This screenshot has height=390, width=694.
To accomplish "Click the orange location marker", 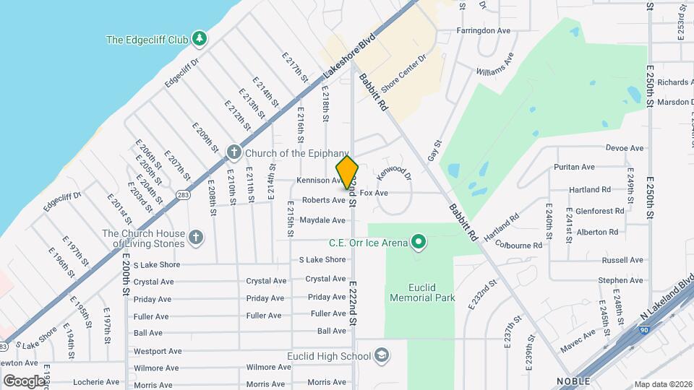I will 348,172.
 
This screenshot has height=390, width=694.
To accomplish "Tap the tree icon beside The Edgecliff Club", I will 198,39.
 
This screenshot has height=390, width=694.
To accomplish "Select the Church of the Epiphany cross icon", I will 233,152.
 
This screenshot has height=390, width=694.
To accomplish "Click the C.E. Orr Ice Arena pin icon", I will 417,242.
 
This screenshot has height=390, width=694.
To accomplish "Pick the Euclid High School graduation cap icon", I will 381,355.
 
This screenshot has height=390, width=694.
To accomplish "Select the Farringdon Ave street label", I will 484,31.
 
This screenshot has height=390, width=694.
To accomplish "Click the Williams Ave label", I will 495,64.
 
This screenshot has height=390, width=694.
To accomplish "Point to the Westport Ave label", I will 158,351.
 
